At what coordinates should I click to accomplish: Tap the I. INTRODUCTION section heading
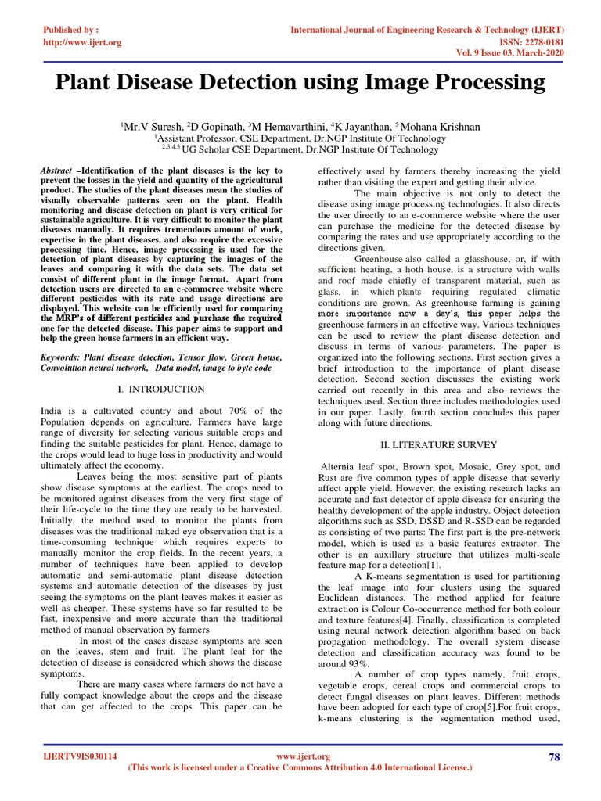(160, 389)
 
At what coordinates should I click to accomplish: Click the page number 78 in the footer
(554, 756)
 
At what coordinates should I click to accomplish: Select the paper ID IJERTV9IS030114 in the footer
(79, 756)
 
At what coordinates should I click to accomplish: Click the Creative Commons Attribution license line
(300, 769)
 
